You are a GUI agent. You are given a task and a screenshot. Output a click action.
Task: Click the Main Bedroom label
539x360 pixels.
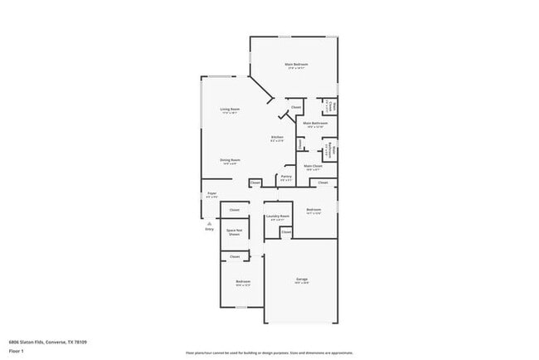(296, 65)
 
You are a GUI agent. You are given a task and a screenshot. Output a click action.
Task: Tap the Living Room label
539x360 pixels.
(230, 110)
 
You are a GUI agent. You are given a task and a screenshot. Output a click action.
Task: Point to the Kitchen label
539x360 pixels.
(277, 139)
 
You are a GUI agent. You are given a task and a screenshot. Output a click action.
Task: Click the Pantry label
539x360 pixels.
(285, 177)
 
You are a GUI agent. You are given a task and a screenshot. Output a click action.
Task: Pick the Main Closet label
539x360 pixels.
(313, 167)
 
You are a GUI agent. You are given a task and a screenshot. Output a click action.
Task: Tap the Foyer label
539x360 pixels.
(211, 195)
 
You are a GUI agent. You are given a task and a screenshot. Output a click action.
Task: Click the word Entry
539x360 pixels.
(209, 229)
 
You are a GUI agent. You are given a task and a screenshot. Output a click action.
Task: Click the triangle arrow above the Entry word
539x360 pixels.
(209, 223)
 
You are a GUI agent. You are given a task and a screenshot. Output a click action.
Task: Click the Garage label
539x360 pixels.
(302, 280)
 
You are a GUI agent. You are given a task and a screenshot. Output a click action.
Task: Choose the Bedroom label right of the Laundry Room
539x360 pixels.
(313, 210)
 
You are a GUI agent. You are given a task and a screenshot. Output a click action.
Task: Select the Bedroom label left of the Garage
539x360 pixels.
(242, 282)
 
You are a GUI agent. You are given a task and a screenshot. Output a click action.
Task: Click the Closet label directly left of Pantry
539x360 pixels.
(255, 182)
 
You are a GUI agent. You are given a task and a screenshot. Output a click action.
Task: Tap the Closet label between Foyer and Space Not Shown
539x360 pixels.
(235, 210)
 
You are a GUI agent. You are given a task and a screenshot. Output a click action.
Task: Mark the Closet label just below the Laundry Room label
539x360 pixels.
(285, 231)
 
